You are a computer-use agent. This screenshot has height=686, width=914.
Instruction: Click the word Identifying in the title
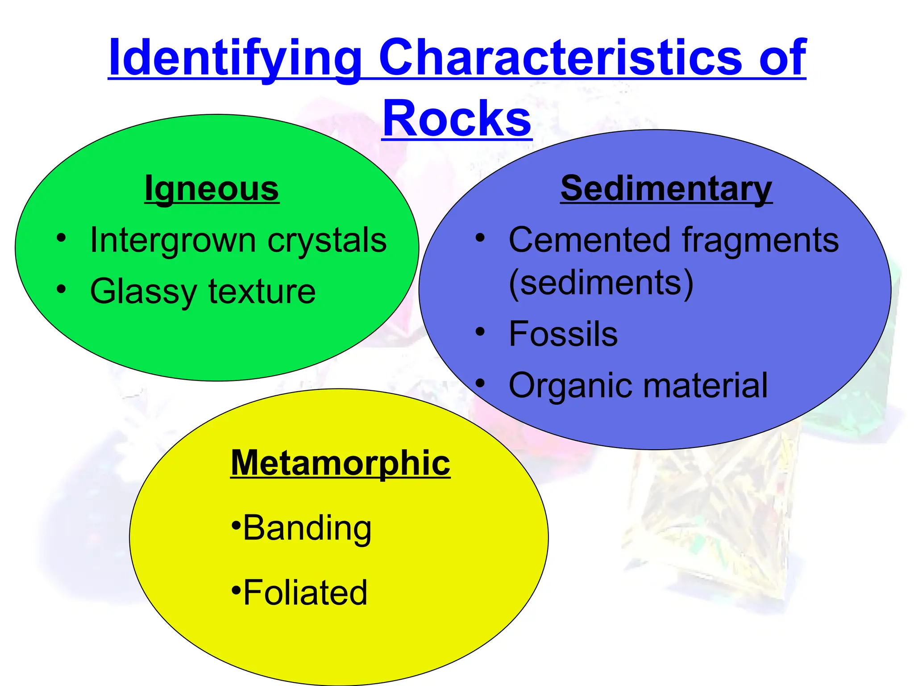(235, 58)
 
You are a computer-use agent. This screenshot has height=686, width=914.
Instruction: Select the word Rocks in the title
(457, 118)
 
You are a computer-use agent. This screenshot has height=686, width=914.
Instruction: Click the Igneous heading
(212, 189)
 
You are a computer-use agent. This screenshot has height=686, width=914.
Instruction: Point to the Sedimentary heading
(666, 188)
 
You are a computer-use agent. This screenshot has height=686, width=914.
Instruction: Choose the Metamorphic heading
(340, 463)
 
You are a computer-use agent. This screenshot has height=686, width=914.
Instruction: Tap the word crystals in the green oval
(327, 240)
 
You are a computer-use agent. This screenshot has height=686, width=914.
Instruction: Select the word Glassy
(143, 292)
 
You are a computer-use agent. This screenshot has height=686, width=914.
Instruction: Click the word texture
(262, 292)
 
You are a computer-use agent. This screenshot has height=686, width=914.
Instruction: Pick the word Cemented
(590, 240)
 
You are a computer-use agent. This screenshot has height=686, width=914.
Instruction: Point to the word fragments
(760, 240)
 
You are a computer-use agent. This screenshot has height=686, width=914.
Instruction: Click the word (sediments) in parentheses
(601, 283)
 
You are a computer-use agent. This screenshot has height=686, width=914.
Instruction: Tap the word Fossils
(563, 334)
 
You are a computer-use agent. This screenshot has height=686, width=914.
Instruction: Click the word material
(707, 385)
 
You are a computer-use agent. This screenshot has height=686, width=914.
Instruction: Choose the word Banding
(307, 528)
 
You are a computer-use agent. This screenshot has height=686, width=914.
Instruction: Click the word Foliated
(305, 593)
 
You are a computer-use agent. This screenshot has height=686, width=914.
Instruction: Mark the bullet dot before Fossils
(480, 332)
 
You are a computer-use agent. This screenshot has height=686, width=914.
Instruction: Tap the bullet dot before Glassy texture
(61, 289)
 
